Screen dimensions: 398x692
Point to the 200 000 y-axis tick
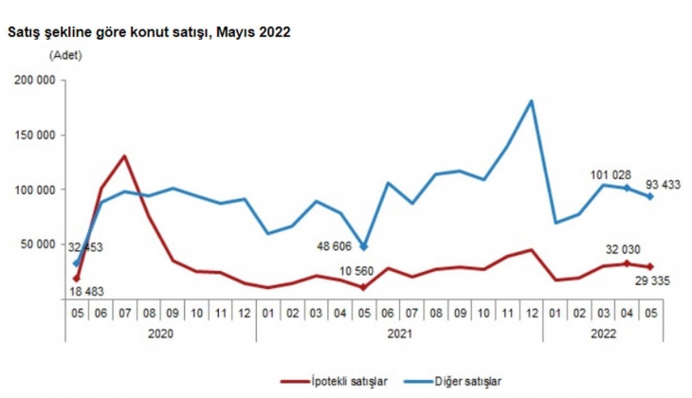[x=33, y=81]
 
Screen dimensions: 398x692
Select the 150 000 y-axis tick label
[x=33, y=136]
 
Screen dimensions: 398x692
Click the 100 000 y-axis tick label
[x=33, y=190]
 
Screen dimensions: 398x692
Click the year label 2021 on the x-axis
[x=399, y=333]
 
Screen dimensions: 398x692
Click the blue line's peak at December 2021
[x=531, y=100]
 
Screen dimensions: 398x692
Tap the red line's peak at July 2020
[x=124, y=155]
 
